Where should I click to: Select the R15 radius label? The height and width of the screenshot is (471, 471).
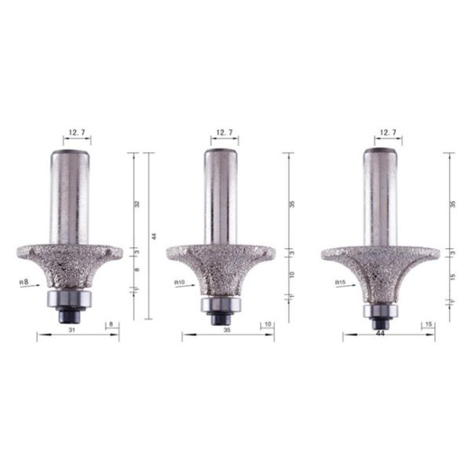pyautogui.click(x=340, y=281)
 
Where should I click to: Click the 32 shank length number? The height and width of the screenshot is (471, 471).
pyautogui.click(x=137, y=203)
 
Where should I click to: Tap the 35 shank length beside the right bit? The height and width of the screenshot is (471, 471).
pyautogui.click(x=452, y=203)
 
